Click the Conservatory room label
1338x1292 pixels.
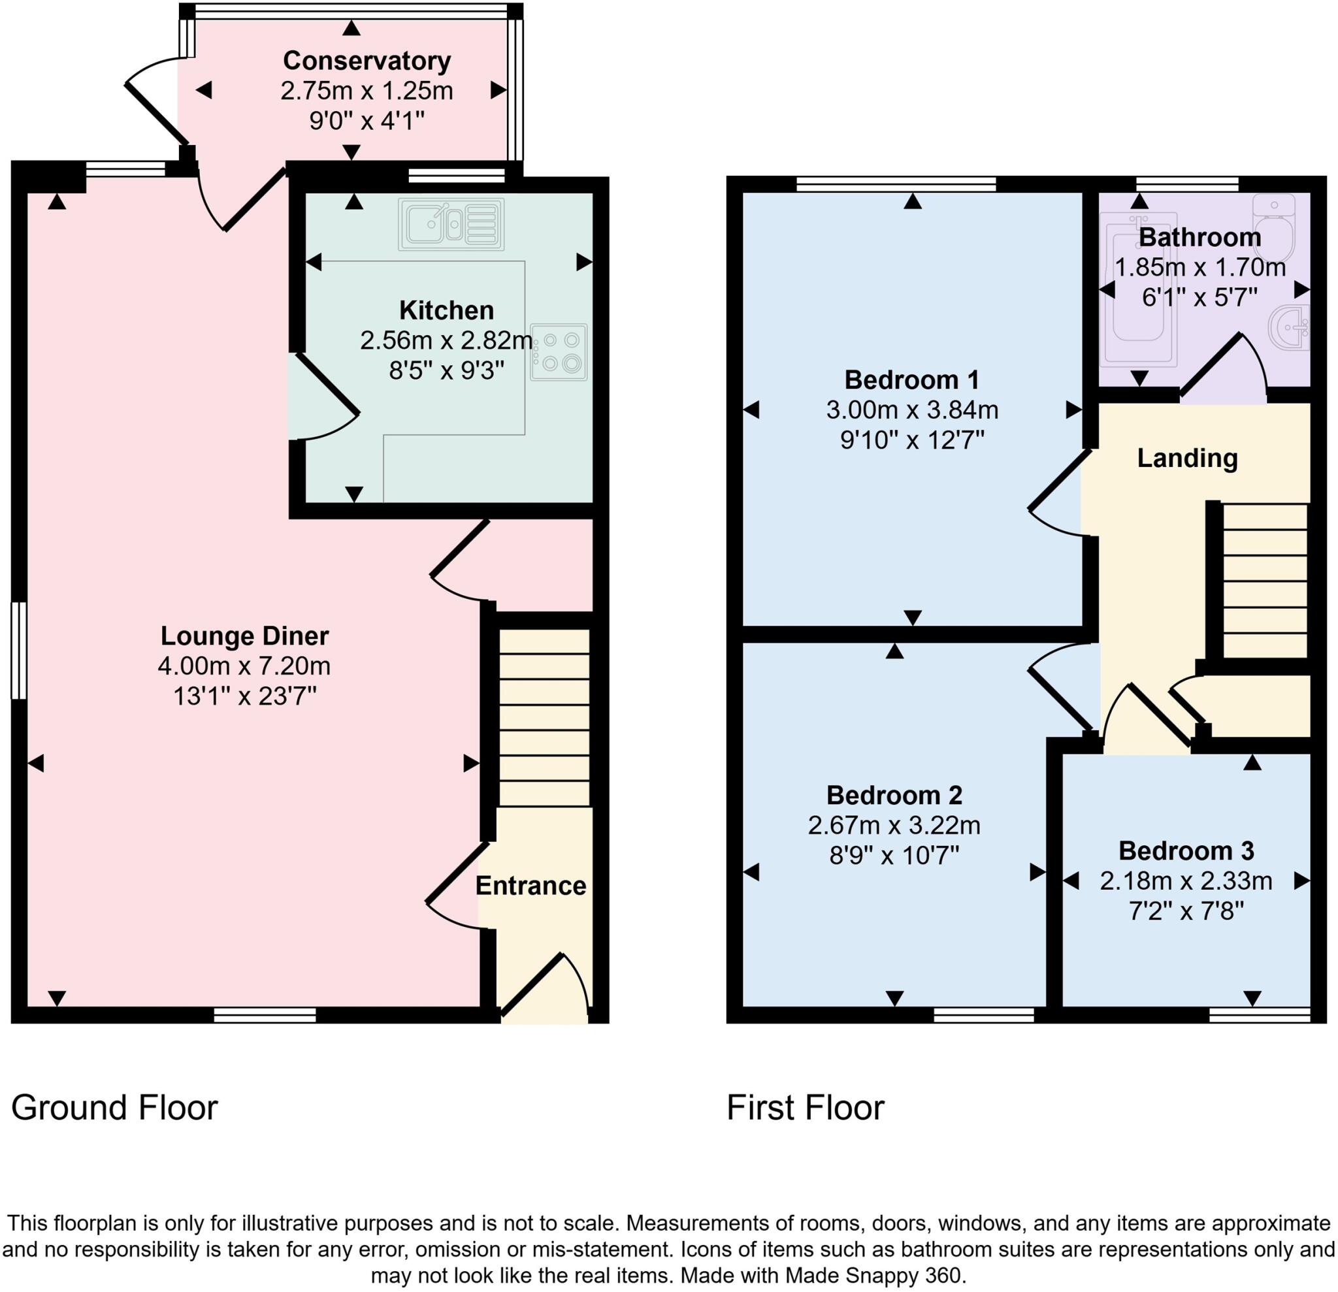pos(367,61)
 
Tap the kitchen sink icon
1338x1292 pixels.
pos(451,224)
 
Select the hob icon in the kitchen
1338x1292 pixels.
pos(559,351)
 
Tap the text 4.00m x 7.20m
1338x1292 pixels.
pos(244,666)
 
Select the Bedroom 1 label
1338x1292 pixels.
pos(912,380)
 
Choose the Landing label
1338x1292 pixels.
pos(1187,458)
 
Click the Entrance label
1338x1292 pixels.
pos(530,886)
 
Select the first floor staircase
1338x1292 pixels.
pos(1264,580)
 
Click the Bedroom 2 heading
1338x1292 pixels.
pos(894,795)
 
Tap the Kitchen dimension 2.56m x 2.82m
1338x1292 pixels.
pos(446,340)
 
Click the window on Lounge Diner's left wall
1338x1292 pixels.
pos(18,649)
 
